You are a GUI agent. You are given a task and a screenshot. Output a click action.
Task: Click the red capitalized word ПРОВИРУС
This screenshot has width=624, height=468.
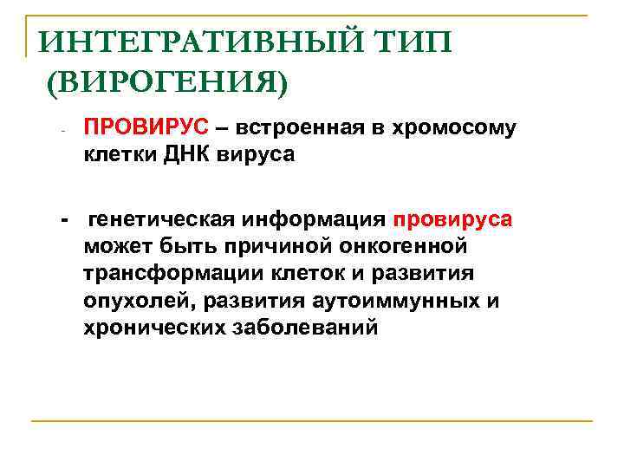point(146,128)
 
